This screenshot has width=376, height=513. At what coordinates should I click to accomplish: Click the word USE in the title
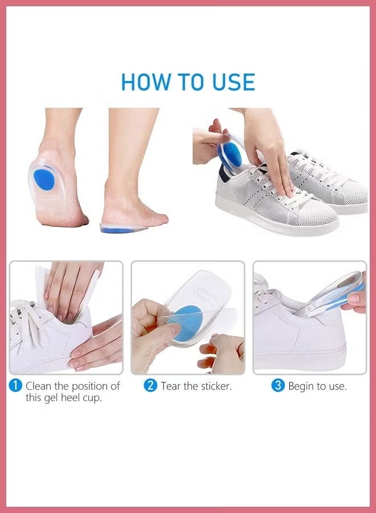230,82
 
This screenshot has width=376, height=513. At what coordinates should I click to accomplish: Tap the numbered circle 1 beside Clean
15,386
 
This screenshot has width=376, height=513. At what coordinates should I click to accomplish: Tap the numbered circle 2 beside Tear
150,386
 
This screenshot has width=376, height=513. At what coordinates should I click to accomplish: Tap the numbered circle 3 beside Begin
277,386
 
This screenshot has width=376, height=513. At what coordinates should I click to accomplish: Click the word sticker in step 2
212,386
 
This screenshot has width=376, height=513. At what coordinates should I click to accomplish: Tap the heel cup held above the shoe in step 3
330,296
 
